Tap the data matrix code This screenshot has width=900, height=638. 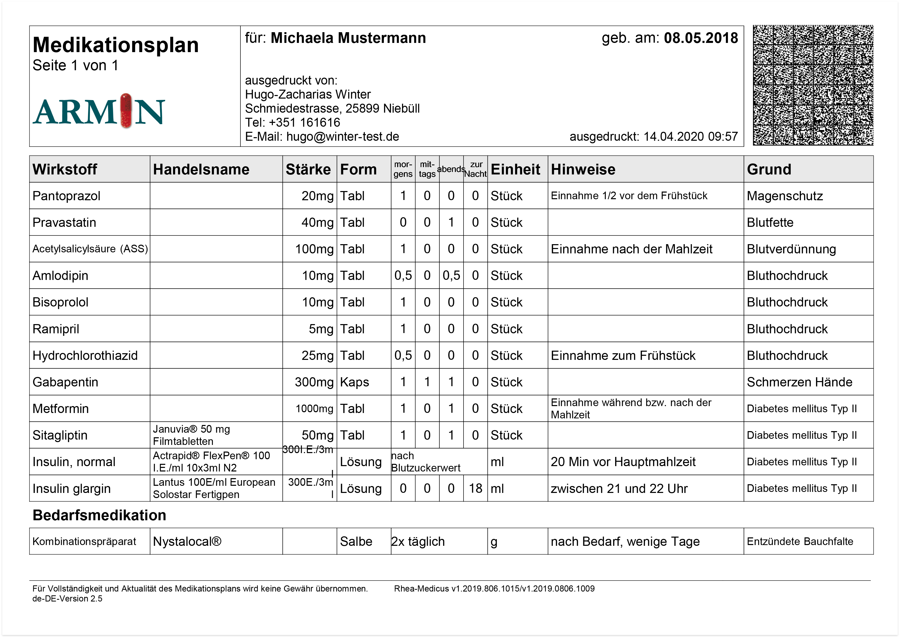tap(813, 85)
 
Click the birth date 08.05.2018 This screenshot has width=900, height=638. tap(701, 38)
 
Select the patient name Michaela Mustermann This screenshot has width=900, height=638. tap(348, 38)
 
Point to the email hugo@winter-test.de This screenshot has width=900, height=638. tap(342, 137)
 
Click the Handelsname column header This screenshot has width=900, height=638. tap(201, 169)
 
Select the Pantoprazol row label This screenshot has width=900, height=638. tap(66, 196)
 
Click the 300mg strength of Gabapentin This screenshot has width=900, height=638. tap(314, 382)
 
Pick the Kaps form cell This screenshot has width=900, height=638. tap(355, 382)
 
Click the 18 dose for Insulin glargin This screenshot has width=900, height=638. tap(475, 488)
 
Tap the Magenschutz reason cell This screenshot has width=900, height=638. tap(785, 196)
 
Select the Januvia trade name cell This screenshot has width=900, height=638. tap(191, 435)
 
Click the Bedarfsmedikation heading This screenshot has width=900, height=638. tap(99, 515)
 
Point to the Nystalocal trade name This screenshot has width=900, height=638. tap(187, 541)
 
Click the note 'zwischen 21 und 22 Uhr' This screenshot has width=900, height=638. tap(619, 488)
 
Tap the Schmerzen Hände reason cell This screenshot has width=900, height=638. tap(799, 382)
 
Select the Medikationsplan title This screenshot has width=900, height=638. tap(115, 45)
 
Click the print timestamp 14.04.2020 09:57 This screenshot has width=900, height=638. tap(690, 137)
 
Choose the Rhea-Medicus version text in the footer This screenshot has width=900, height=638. tap(494, 588)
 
